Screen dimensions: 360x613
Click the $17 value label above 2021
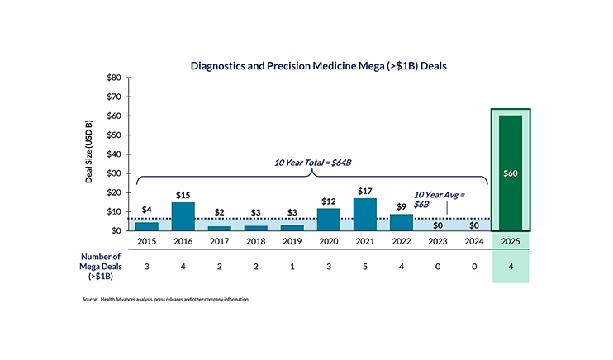click(364, 191)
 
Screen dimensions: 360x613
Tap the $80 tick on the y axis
click(114, 78)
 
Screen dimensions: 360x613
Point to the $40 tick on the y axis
click(114, 154)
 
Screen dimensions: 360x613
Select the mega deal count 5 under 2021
click(364, 267)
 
